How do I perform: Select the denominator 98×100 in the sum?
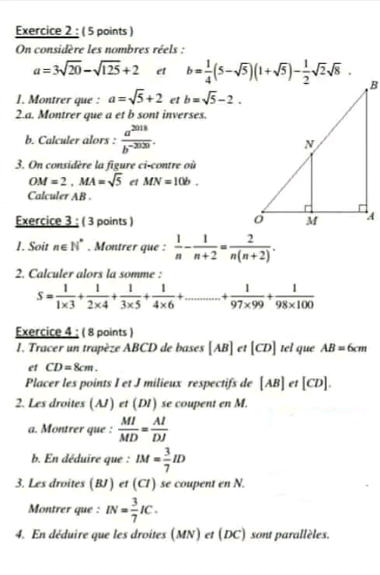(x=295, y=305)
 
